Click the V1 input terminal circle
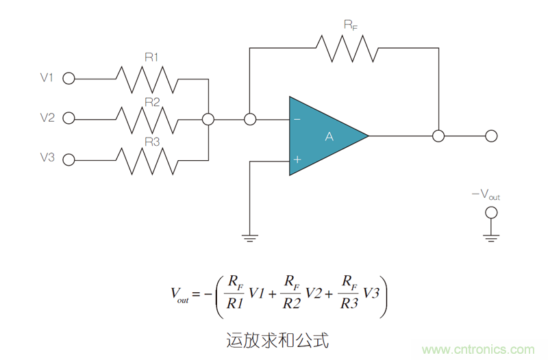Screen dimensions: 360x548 click(68, 79)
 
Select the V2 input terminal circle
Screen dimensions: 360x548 click(68, 118)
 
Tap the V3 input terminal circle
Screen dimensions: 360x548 click(68, 159)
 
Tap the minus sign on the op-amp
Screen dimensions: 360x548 click(297, 119)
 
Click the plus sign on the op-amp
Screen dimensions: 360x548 click(297, 159)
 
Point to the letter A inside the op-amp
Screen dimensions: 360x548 click(329, 137)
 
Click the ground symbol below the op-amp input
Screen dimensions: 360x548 click(250, 237)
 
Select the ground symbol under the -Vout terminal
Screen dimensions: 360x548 click(490, 237)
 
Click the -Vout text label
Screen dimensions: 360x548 click(486, 195)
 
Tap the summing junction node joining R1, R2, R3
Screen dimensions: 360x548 click(208, 119)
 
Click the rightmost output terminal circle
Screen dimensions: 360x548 click(490, 136)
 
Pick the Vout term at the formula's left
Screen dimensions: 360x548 click(179, 294)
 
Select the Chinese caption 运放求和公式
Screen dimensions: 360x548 click(277, 339)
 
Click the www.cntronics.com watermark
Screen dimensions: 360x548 click(479, 349)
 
